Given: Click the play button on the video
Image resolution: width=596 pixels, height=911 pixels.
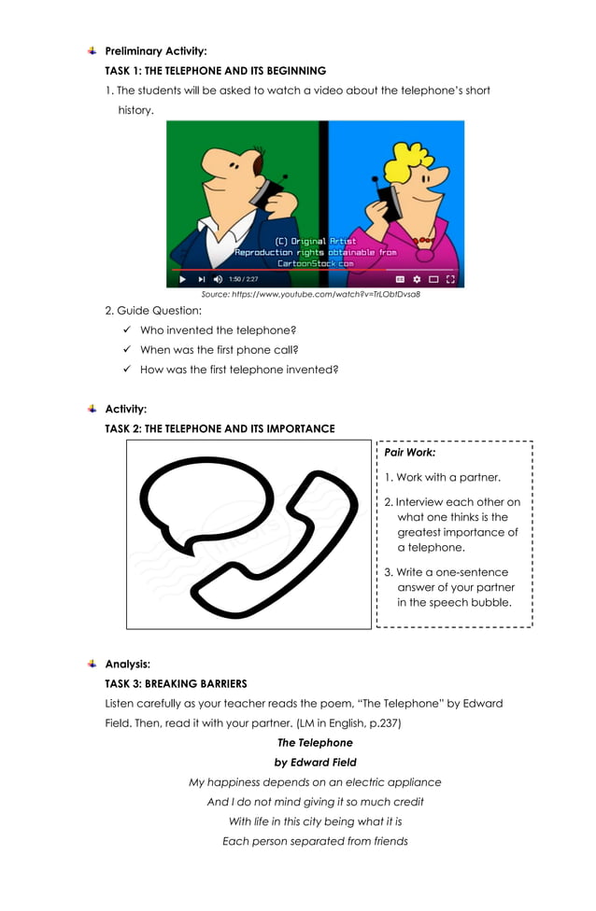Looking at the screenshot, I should pos(182,278).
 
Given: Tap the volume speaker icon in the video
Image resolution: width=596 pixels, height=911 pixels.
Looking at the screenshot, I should pos(218,278).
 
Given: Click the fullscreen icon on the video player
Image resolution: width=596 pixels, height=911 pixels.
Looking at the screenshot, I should pos(450,278).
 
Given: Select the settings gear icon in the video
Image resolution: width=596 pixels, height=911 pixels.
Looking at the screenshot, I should pos(417,278).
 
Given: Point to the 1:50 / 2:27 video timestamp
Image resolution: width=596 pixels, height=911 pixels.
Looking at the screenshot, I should pos(244,278).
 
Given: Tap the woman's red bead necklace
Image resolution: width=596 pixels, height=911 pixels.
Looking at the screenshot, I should pos(425,241).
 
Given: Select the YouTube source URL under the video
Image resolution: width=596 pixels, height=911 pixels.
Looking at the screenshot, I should pos(311,294).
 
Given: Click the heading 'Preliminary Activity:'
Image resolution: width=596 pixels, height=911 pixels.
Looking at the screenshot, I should pos(156,50).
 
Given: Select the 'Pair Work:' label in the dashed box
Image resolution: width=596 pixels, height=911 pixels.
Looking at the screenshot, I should pos(410,452).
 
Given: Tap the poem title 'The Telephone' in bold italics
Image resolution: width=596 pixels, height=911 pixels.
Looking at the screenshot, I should pos(315,743).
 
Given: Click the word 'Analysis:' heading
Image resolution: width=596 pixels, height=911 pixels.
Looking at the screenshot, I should pos(127,664).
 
